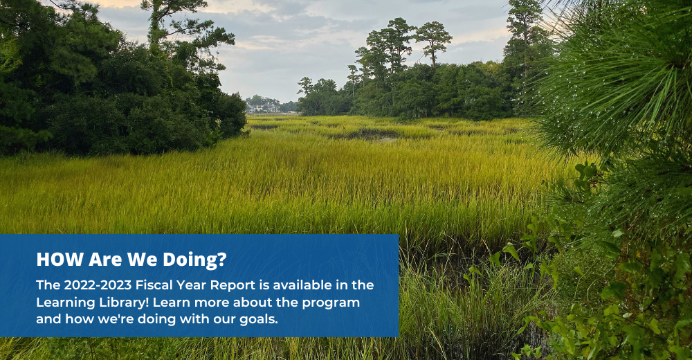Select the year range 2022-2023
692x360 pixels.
coord(98,285)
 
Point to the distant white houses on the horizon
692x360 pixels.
coord(264,107)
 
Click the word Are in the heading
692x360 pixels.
coord(105,260)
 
